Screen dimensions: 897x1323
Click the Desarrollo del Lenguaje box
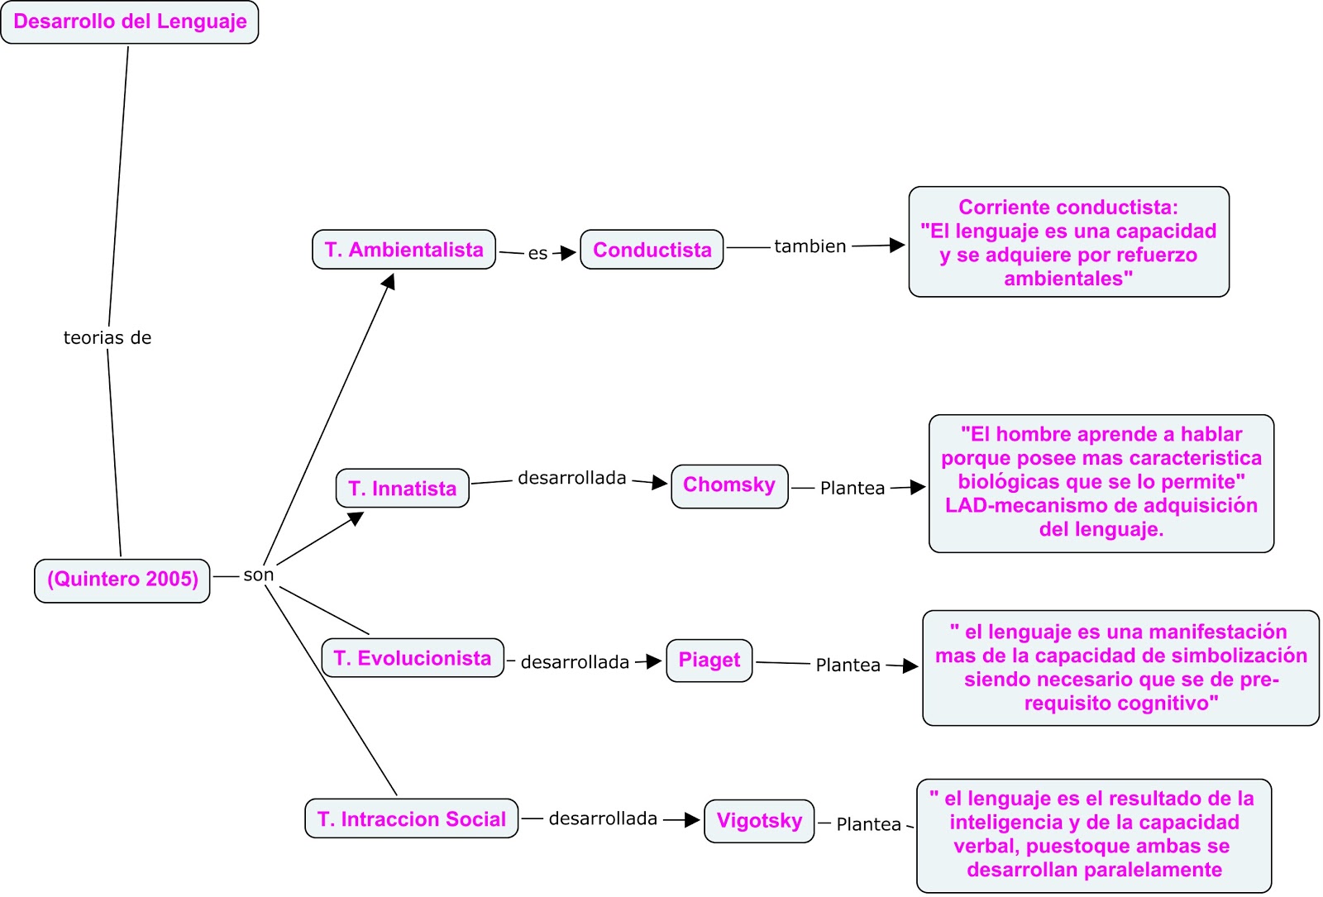coord(130,22)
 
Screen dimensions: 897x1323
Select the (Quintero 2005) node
coord(122,580)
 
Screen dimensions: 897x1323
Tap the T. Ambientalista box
coord(404,250)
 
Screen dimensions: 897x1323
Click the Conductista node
coord(652,250)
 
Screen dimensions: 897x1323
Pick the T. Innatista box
coord(402,489)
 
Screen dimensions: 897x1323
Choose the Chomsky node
coord(728,485)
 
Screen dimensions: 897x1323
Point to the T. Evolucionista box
coord(412,658)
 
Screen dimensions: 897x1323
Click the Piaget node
coord(709,660)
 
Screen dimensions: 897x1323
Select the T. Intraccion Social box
coord(411,818)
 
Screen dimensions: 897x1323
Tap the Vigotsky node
coord(758,821)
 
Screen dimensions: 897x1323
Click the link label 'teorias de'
coord(107,338)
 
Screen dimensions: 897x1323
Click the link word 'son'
coord(258,575)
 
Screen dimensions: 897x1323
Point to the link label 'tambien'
coord(810,246)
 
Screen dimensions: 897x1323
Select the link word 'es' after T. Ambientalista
coord(537,254)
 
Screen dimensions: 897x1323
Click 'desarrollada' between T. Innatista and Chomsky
coord(571,478)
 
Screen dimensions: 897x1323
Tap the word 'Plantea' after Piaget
coord(848,665)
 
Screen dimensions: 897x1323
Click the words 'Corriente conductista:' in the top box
coord(1067,208)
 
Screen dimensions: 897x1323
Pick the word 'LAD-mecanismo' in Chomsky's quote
coord(1012,505)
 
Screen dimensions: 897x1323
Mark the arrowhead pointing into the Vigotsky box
coord(693,820)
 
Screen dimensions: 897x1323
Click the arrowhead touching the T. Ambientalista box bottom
coord(389,281)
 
